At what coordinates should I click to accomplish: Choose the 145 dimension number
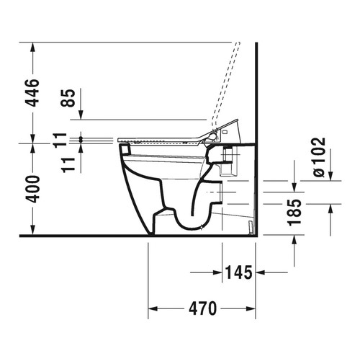pyautogui.click(x=238, y=273)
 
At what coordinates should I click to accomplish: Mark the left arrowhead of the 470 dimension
pyautogui.click(x=153, y=310)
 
